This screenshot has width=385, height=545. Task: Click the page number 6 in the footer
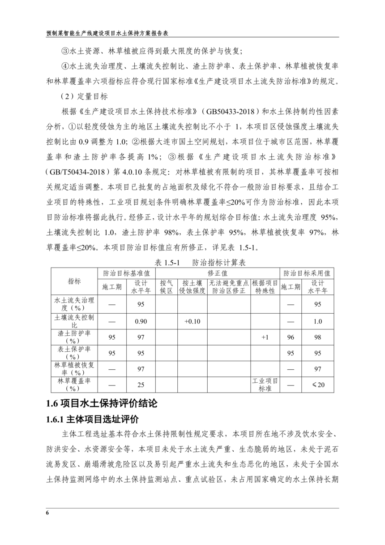47,513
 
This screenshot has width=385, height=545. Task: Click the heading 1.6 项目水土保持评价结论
102,403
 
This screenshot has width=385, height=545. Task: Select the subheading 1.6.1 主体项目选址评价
93,420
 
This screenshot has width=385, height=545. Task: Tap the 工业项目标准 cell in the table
265,385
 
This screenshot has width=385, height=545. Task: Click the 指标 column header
74,281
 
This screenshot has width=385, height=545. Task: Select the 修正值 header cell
218,272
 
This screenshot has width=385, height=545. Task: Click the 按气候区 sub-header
166,287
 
